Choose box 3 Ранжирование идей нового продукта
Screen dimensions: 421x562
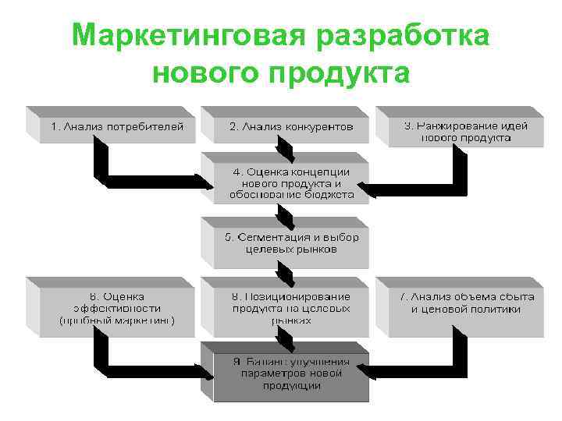[x=465, y=130]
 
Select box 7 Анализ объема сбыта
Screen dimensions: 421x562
[x=465, y=303]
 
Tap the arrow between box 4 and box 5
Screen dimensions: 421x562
[x=286, y=210]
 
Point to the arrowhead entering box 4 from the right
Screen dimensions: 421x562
[x=372, y=188]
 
